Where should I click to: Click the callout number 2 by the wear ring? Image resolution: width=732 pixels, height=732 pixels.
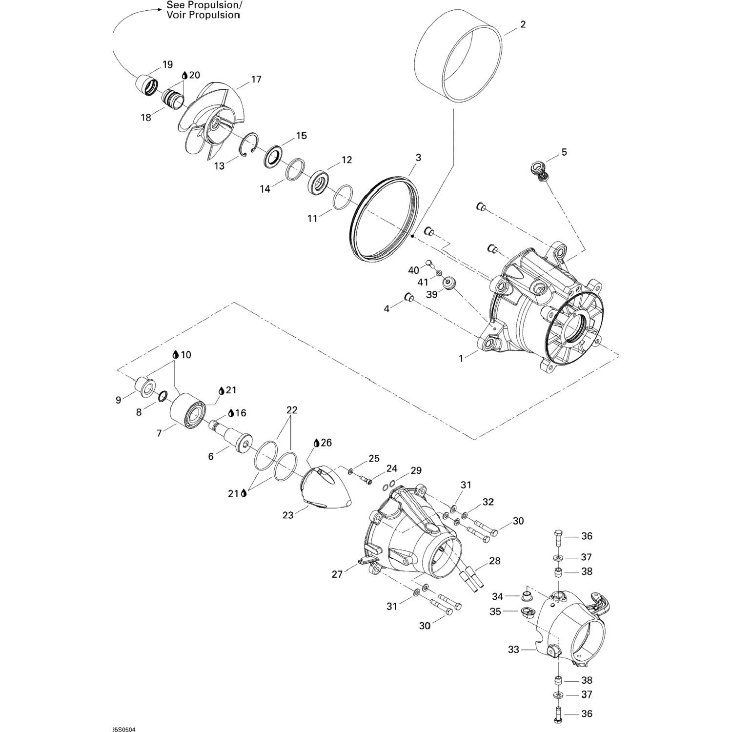point(523,24)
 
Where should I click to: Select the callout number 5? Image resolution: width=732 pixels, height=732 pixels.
point(564,152)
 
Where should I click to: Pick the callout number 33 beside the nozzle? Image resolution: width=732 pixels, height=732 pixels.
point(514,650)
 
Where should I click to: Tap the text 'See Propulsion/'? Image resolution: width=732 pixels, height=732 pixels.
point(204,5)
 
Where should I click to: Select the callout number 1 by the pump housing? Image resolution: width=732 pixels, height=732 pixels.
point(461,359)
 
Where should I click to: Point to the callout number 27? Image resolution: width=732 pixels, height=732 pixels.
point(338,574)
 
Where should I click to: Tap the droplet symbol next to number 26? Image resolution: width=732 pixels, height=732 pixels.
point(316,443)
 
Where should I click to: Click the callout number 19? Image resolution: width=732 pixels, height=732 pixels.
point(167,65)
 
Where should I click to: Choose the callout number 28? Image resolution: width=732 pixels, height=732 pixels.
point(495,561)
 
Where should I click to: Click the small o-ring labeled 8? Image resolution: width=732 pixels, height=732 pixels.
point(163,394)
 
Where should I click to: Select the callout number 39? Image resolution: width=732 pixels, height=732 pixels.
point(432,294)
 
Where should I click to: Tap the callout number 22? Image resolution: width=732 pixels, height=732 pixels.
point(292,410)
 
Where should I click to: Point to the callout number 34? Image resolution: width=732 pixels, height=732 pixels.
point(497,596)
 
